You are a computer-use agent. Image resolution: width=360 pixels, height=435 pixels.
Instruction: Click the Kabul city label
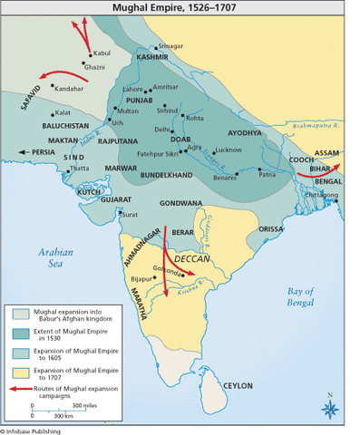click(x=102, y=53)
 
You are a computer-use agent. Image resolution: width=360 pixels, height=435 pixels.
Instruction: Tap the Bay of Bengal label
click(x=299, y=297)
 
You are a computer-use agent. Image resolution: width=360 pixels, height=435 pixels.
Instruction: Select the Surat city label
click(x=131, y=215)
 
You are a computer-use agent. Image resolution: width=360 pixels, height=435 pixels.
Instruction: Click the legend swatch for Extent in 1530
click(x=19, y=333)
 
